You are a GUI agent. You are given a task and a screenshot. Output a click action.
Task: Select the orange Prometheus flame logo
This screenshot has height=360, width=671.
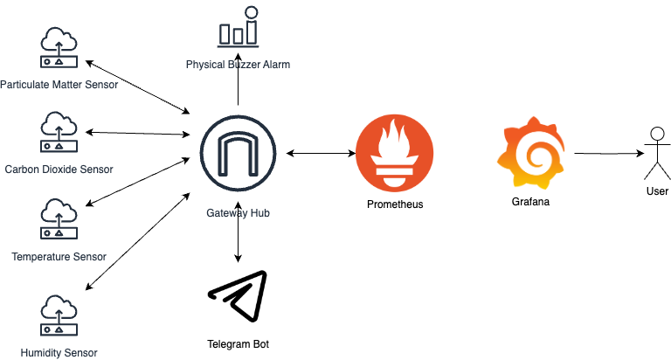(x=394, y=154)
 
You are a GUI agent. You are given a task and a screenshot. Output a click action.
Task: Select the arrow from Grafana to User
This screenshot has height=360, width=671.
(x=609, y=155)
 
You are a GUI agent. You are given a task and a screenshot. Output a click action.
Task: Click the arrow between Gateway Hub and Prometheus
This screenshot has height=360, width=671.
(x=320, y=154)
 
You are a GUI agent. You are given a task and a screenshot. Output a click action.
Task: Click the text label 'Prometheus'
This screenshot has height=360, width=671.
(x=394, y=204)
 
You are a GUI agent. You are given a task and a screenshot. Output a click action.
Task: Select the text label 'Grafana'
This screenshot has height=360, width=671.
(x=532, y=202)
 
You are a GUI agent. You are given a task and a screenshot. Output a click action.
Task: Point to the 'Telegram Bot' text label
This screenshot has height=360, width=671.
(x=238, y=344)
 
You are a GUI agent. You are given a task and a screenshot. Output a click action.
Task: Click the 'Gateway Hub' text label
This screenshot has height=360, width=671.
(x=238, y=214)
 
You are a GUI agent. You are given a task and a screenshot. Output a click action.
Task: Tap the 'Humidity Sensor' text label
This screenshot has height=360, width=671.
(x=59, y=353)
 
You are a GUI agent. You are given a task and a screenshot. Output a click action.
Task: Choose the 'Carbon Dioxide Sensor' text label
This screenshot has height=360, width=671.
(x=59, y=169)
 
